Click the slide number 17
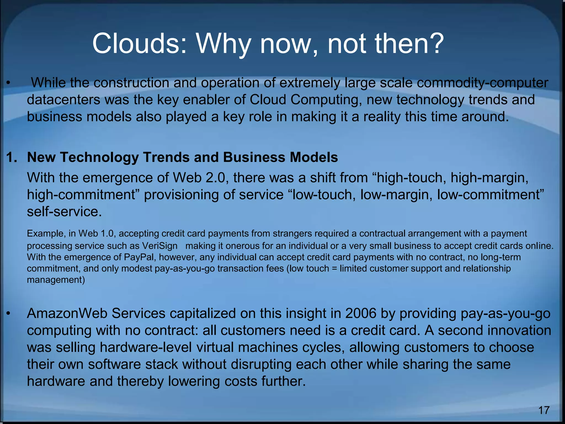point(544,410)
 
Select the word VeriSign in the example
point(160,246)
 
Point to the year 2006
point(361,314)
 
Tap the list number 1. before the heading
point(12,157)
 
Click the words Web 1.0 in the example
point(96,234)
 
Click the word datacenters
point(63,100)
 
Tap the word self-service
point(64,212)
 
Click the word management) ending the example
point(56,280)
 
